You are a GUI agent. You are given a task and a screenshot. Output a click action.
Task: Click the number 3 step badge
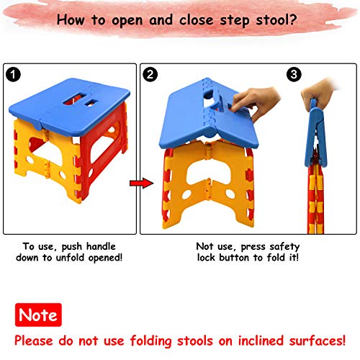[x=294, y=74]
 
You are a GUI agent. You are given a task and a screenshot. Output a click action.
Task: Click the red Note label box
[x=37, y=315]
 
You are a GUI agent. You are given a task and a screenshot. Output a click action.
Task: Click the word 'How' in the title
[x=73, y=19]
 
